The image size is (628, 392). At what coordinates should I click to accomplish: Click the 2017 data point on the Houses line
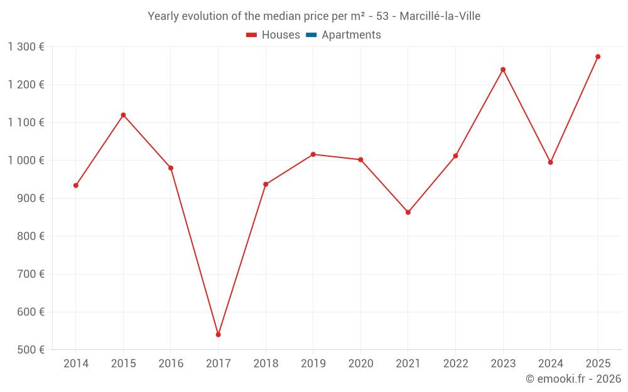[218, 334]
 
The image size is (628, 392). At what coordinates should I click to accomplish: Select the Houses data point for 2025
[598, 56]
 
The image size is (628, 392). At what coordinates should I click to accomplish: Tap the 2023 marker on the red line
[503, 70]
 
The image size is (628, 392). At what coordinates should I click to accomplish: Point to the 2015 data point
[123, 115]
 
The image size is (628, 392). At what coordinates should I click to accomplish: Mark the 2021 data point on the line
[408, 212]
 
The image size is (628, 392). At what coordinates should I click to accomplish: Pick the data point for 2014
[76, 185]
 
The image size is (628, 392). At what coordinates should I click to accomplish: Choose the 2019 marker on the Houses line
[313, 154]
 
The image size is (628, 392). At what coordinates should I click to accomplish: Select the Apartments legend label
[351, 35]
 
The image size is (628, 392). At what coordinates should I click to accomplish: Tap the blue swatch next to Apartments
[311, 35]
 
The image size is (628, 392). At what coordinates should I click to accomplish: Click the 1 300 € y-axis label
[26, 47]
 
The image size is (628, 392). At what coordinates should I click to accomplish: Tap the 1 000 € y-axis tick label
[26, 161]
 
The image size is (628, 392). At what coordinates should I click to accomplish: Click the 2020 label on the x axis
[360, 363]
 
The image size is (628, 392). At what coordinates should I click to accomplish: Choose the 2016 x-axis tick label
[171, 363]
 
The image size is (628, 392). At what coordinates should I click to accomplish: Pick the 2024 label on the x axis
[550, 363]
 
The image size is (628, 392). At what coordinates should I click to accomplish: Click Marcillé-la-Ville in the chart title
[440, 16]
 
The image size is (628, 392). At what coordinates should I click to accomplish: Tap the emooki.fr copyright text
[573, 379]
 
